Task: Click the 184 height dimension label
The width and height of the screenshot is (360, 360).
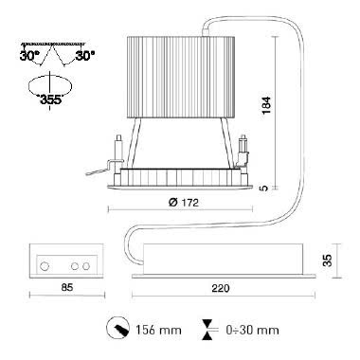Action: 267,105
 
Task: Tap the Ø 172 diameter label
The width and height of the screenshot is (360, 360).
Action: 184,203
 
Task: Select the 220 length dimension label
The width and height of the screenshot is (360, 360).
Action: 221,288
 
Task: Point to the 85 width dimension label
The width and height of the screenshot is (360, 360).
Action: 67,287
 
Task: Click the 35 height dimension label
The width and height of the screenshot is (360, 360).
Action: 328,261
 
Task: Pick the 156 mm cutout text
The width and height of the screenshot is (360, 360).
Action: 158,331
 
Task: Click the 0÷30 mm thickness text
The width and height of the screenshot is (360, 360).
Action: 252,331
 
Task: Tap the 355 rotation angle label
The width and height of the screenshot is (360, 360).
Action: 50,99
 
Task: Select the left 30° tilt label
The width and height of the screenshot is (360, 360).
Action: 29,56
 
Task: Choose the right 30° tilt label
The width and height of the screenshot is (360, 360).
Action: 85,56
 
